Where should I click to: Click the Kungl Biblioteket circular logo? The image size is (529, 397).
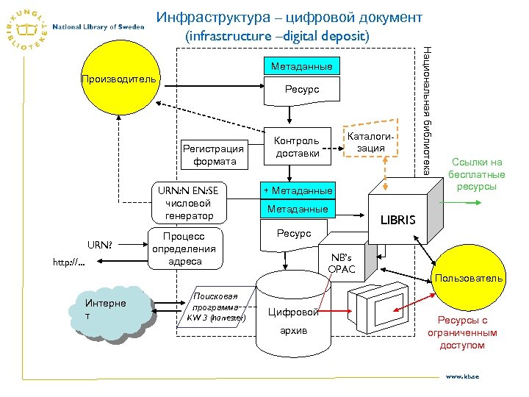[26, 27]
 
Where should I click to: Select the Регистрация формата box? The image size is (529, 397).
[215, 155]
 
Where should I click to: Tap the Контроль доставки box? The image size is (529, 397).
[296, 146]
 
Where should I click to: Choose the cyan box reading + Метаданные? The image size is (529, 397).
[298, 191]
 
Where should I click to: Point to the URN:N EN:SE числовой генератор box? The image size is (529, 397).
[189, 203]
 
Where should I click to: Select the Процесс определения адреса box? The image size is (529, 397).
[184, 248]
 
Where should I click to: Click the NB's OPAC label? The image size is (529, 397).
[342, 263]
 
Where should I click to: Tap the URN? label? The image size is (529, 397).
[100, 244]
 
